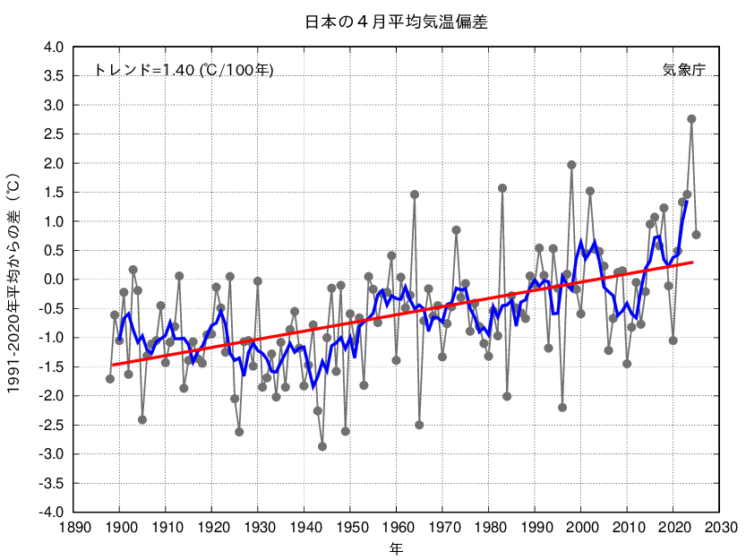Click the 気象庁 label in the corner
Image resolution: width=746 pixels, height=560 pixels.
pos(683,70)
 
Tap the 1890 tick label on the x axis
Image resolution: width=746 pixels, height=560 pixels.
pos(74,528)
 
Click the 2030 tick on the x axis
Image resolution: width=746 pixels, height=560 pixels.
pos(720,528)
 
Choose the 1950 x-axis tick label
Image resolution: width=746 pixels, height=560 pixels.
pos(351,528)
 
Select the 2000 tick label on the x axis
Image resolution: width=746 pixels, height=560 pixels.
pos(581,528)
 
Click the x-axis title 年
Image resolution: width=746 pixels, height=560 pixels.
pos(396,547)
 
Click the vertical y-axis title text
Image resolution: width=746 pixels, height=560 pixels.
pos(15,280)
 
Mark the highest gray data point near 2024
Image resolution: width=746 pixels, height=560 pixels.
pos(691,119)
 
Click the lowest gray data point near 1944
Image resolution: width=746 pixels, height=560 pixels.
pos(322,446)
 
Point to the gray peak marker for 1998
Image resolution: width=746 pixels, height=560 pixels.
pos(571,165)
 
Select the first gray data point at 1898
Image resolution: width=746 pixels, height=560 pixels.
pos(110,379)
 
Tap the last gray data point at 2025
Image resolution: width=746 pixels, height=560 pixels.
pos(696,235)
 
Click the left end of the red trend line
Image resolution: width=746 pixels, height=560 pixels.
pos(111,365)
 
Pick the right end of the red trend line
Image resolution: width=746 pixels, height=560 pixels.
pos(692,262)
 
